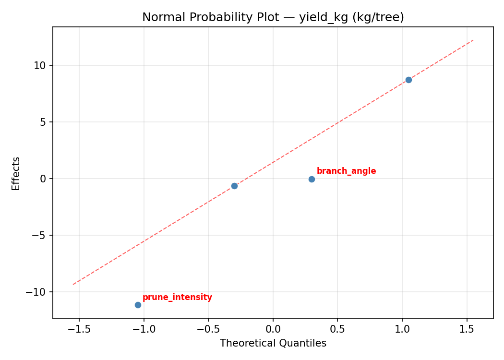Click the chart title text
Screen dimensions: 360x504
(x=273, y=17)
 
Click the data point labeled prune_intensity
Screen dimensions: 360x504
(x=138, y=305)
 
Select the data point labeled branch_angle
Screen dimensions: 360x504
(x=312, y=179)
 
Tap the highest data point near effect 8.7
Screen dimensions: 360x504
(x=408, y=80)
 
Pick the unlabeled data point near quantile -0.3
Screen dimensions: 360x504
(x=234, y=186)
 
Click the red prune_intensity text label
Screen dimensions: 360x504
(x=177, y=298)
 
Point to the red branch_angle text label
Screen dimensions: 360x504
(x=346, y=171)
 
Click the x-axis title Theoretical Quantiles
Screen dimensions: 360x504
(x=273, y=343)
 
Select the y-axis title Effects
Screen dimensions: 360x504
(x=16, y=173)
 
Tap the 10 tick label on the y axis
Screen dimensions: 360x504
(x=40, y=65)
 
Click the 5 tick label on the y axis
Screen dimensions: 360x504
(x=43, y=122)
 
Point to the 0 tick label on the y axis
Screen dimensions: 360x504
(x=43, y=179)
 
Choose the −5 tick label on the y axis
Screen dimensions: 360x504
(x=40, y=235)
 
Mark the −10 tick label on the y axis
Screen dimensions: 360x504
(x=37, y=292)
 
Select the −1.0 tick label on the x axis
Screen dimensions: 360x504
(x=144, y=329)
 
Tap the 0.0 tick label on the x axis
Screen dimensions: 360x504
(x=273, y=329)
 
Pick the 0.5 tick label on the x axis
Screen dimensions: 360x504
(x=337, y=329)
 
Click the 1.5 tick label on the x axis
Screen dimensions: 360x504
(x=467, y=329)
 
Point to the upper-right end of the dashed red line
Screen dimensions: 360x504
(x=473, y=40)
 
